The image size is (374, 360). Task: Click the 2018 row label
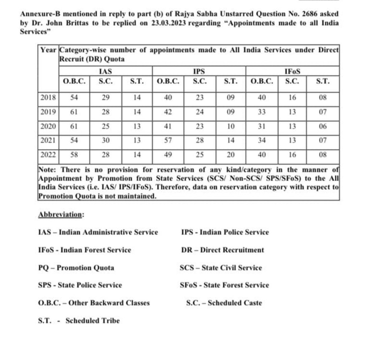click(48, 98)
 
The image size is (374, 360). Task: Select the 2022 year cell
click(48, 155)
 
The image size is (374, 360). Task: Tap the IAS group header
click(105, 71)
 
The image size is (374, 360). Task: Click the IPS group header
click(199, 71)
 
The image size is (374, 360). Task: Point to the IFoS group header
click(292, 71)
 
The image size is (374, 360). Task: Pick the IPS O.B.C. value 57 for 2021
click(168, 140)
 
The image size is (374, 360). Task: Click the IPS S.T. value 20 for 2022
click(231, 155)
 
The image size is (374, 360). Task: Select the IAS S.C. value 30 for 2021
click(106, 140)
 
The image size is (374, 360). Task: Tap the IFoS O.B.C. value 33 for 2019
click(262, 112)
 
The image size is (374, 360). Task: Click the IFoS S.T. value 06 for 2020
click(323, 126)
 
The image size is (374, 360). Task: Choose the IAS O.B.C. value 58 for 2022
click(74, 155)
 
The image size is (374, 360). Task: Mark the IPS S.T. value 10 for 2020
click(231, 126)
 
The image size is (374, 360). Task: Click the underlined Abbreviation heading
click(61, 215)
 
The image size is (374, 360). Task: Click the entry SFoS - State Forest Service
click(224, 285)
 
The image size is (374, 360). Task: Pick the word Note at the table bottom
click(48, 170)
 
